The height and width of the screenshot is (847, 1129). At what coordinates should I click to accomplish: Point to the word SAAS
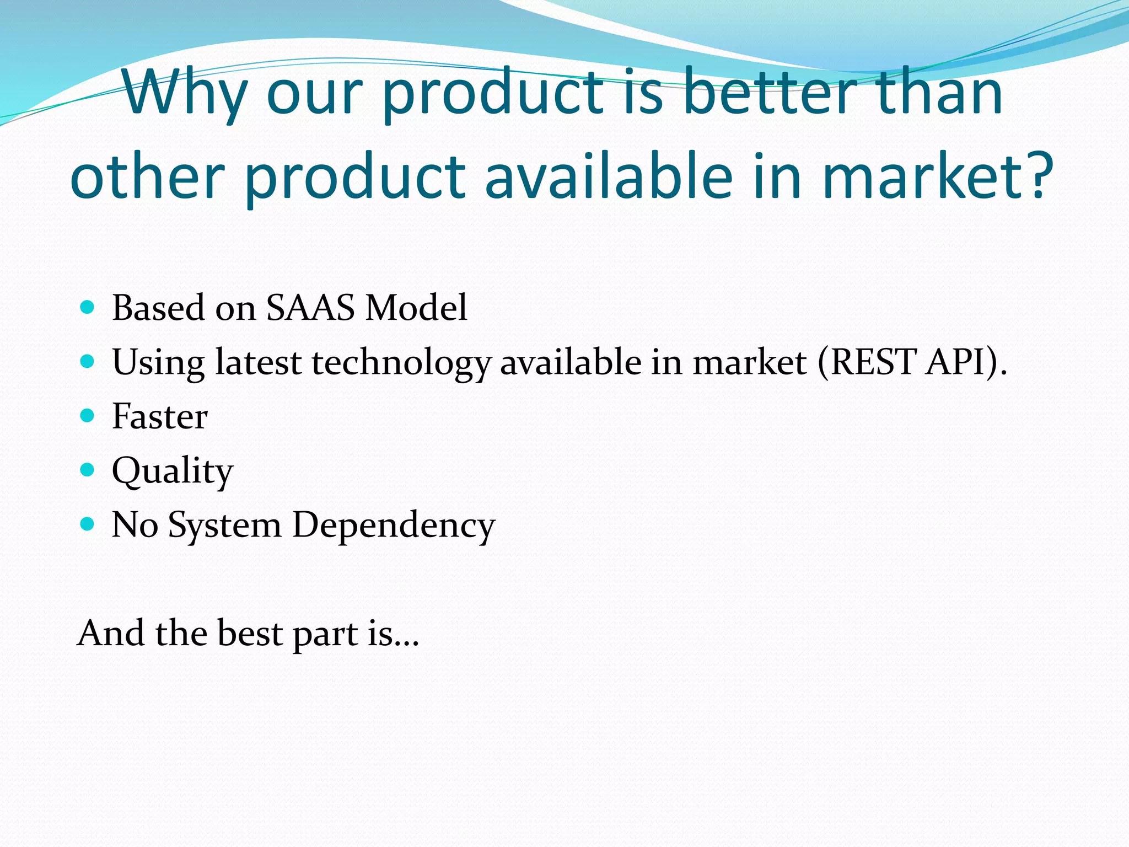coord(310,308)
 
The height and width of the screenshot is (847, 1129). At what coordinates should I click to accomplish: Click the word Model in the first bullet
coord(416,308)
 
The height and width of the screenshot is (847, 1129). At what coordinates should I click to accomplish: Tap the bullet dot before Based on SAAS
coord(87,307)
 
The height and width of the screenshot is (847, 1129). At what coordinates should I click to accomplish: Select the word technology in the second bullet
coord(401,363)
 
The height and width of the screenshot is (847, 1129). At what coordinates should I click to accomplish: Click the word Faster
coord(159,416)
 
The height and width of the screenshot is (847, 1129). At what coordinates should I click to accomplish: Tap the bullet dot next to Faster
coord(87,415)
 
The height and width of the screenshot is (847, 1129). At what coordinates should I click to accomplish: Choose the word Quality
coord(172,471)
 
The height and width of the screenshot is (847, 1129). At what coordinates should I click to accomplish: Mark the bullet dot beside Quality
coord(87,469)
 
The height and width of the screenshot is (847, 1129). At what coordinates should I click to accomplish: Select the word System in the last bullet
coord(224,526)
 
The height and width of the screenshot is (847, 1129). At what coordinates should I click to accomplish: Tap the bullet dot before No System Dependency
coord(87,523)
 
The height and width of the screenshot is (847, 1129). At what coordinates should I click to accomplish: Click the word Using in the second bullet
coord(158,363)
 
